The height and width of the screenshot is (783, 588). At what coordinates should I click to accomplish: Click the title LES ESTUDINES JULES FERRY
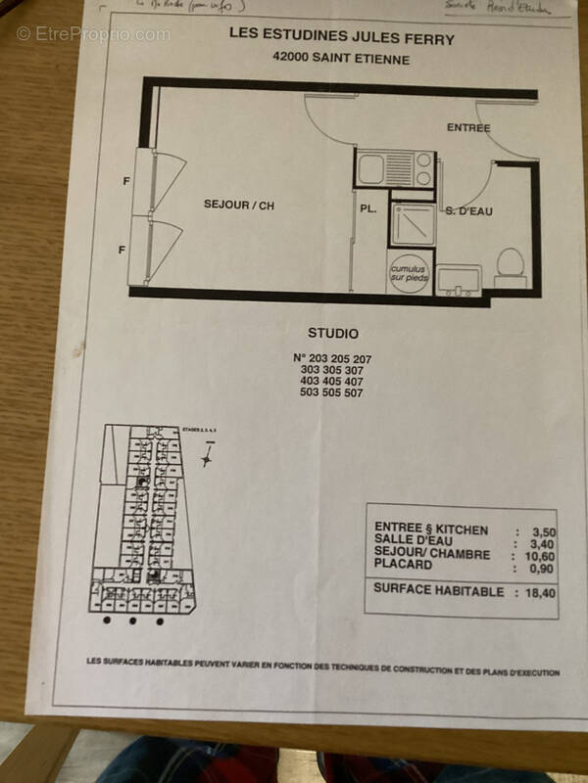tap(327, 32)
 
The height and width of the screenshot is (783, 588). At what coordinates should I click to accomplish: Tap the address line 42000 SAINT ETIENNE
tap(327, 59)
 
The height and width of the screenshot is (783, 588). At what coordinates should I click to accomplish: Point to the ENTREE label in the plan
tap(467, 127)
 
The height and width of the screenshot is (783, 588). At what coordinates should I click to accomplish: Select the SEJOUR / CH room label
tap(239, 205)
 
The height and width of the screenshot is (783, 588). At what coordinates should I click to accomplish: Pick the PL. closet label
tap(368, 208)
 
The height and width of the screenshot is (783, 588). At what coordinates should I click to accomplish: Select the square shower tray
tap(411, 223)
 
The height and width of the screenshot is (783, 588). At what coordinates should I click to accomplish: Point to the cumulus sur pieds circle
tap(410, 271)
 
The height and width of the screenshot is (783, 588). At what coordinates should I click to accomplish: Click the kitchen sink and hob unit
tap(392, 168)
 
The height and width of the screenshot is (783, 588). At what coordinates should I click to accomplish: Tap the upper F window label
tap(125, 181)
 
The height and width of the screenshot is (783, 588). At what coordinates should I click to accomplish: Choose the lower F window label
tap(122, 251)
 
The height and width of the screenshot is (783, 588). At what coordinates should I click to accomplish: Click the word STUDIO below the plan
tap(333, 334)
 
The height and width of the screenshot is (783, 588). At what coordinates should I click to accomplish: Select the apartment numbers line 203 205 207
tap(334, 358)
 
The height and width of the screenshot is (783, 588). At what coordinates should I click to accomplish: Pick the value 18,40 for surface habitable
tap(541, 592)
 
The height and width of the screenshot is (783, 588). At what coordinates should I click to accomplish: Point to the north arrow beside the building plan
tap(207, 453)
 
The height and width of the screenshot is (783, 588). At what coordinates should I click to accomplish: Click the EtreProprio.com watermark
tap(93, 34)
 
